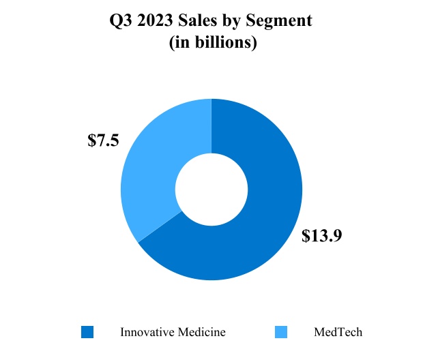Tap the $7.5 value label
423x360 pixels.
pyautogui.click(x=104, y=140)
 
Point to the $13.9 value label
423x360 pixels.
pyautogui.click(x=321, y=237)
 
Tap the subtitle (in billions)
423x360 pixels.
pyautogui.click(x=211, y=42)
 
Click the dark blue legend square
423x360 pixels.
pyautogui.click(x=87, y=332)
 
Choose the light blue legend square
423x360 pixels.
pyautogui.click(x=280, y=332)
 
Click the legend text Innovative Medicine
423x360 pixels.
pyautogui.click(x=173, y=332)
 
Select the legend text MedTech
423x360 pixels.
pyautogui.click(x=338, y=332)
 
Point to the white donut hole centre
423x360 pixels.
pyautogui.click(x=211, y=189)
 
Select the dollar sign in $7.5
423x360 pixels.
pyautogui.click(x=92, y=140)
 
